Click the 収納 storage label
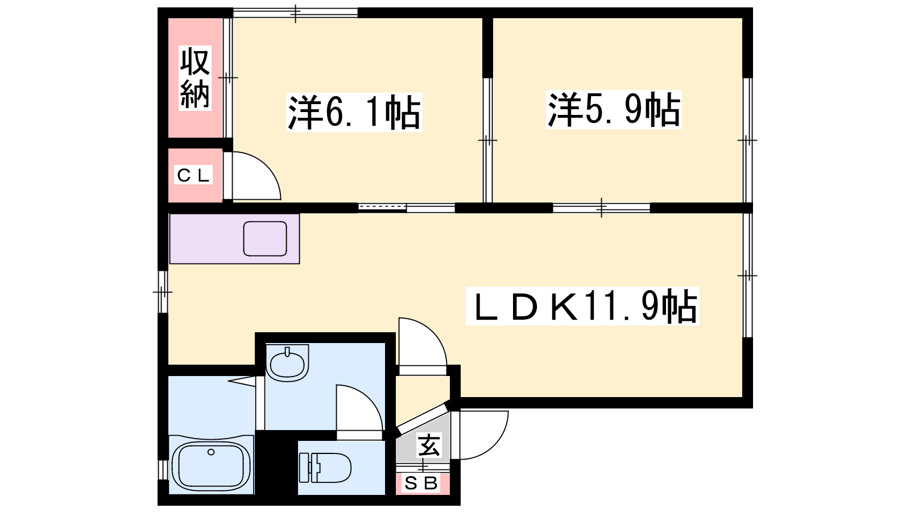pyautogui.click(x=195, y=78)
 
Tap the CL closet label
pyautogui.click(x=193, y=175)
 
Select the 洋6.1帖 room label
pyautogui.click(x=354, y=112)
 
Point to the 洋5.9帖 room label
pyautogui.click(x=614, y=109)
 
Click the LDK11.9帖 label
pyautogui.click(x=582, y=306)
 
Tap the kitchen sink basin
pyautogui.click(x=265, y=239)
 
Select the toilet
pyautogui.click(x=325, y=468)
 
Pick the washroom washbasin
pyautogui.click(x=287, y=363)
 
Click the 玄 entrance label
pyautogui.click(x=429, y=445)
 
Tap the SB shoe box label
pyautogui.click(x=421, y=483)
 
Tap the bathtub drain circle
pyautogui.click(x=211, y=452)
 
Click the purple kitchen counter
pyautogui.click(x=234, y=239)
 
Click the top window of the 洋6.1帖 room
pyautogui.click(x=295, y=13)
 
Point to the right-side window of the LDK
pyautogui.click(x=747, y=275)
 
